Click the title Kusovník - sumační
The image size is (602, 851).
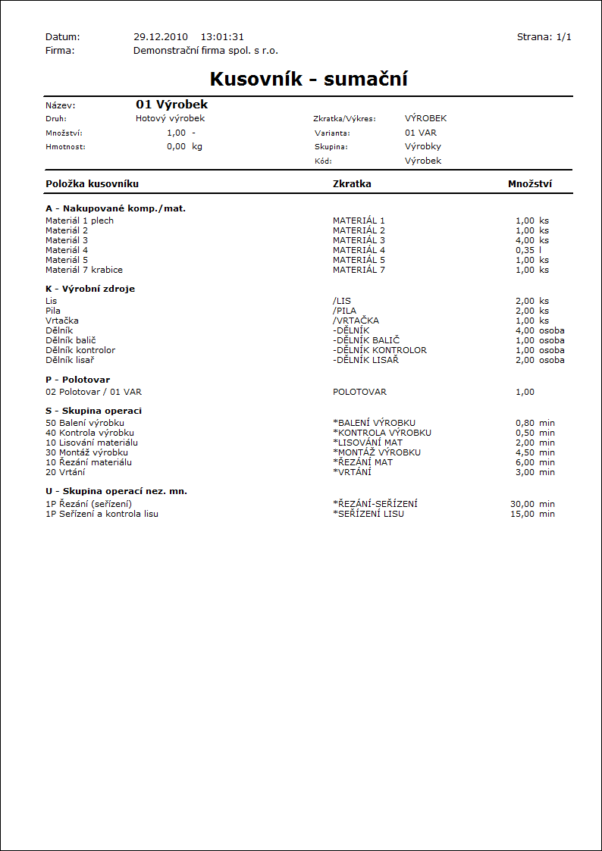pyautogui.click(x=309, y=80)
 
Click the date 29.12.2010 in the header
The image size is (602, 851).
pyautogui.click(x=161, y=36)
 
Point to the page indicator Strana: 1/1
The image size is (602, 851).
pyautogui.click(x=544, y=36)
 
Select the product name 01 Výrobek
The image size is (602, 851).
pyautogui.click(x=172, y=105)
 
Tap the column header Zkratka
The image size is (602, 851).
pyautogui.click(x=352, y=183)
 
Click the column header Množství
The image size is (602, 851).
pyautogui.click(x=529, y=183)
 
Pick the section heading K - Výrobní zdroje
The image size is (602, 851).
pyautogui.click(x=90, y=289)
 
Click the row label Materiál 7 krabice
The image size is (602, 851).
pyautogui.click(x=84, y=270)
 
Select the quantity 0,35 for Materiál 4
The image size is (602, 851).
pyautogui.click(x=525, y=250)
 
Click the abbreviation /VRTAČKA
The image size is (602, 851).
pyautogui.click(x=356, y=321)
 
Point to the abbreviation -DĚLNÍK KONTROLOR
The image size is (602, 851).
pyautogui.click(x=380, y=350)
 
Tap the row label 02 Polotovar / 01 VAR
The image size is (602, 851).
pyautogui.click(x=93, y=392)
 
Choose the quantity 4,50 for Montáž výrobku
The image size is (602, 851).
pyautogui.click(x=525, y=452)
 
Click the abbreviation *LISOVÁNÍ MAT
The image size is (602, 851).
pyautogui.click(x=371, y=443)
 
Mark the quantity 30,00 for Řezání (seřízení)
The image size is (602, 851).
pyautogui.click(x=522, y=504)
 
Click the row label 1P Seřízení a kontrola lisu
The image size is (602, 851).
pyautogui.click(x=102, y=514)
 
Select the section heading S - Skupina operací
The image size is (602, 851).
pyautogui.click(x=93, y=411)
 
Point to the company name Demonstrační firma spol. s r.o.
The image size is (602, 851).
pyautogui.click(x=205, y=50)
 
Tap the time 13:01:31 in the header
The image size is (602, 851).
pyautogui.click(x=222, y=36)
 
